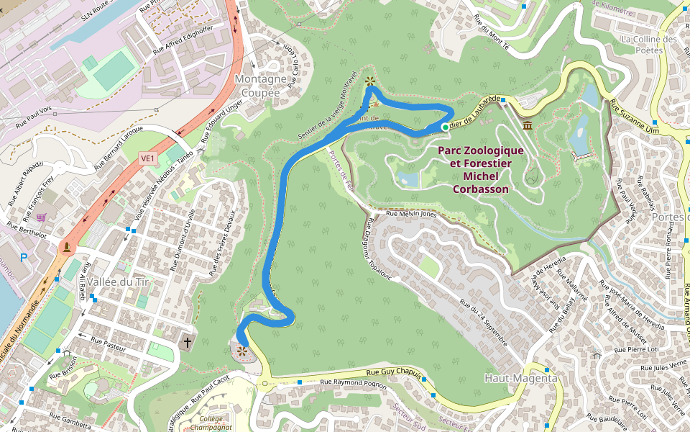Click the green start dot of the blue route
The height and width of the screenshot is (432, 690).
click(x=445, y=127)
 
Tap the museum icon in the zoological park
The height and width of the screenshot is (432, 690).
click(x=528, y=126)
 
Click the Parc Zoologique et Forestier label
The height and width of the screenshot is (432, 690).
click(x=481, y=170)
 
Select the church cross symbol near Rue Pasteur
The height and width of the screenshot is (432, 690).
click(x=188, y=341)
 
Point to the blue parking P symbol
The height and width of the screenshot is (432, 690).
click(x=24, y=257)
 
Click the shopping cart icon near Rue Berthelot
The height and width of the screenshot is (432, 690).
click(x=42, y=217)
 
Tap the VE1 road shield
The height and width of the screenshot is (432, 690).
click(x=148, y=158)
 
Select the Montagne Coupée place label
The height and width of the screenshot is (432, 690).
click(x=261, y=86)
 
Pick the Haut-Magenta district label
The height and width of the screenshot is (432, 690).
click(x=521, y=378)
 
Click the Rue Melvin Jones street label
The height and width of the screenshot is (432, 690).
click(x=411, y=214)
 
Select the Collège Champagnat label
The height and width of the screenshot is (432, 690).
click(x=211, y=423)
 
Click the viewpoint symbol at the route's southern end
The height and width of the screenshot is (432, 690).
click(x=242, y=351)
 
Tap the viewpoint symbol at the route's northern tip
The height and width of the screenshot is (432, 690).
click(x=369, y=81)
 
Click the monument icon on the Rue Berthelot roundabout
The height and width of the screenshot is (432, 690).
click(x=67, y=248)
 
